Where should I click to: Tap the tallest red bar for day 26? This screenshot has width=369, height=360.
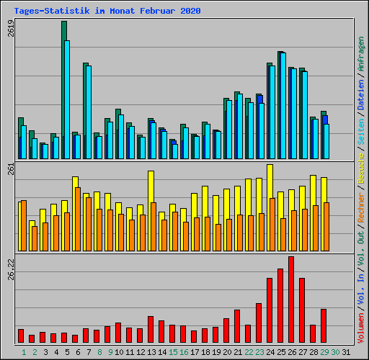[291, 300]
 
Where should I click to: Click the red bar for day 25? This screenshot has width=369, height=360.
[280, 305]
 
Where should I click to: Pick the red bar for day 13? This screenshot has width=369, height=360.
[151, 329]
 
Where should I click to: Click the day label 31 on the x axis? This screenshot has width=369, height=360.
[346, 352]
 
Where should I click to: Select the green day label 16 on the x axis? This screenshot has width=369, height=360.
[184, 352]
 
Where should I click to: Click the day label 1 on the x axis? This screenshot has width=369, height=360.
[24, 352]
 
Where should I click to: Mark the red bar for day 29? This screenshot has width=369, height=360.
[324, 325]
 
